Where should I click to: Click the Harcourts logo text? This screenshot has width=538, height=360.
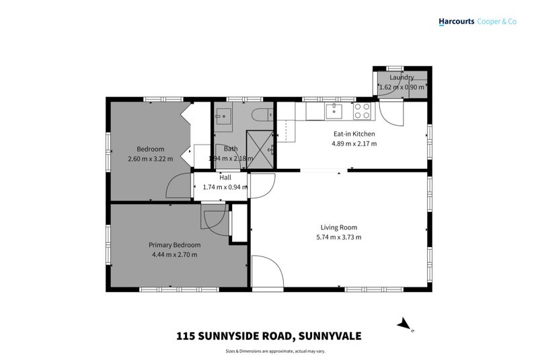tap(456, 22)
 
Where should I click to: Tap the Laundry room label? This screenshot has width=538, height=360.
tap(401, 77)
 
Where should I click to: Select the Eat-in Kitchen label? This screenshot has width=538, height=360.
tap(354, 133)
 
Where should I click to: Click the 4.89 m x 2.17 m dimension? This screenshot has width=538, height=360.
tap(354, 143)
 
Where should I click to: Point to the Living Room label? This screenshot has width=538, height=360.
tap(339, 227)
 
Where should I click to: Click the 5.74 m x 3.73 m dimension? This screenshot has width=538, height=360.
tap(339, 237)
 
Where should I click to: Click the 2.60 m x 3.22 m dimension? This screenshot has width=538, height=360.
tap(151, 159)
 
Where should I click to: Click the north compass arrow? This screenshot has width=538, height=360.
tap(404, 324)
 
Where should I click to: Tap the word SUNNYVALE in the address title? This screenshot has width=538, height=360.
tap(326, 335)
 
